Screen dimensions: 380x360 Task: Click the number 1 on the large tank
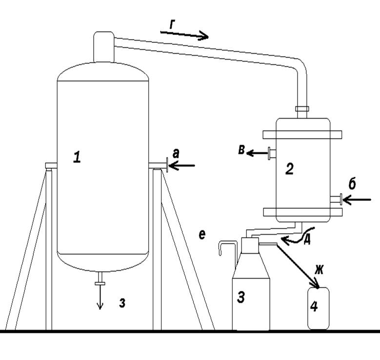(77, 157)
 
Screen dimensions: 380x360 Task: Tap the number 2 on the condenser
(289, 169)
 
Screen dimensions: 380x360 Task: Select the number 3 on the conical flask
(240, 297)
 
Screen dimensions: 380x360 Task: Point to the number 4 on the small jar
(314, 306)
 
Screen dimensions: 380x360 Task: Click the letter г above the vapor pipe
(172, 24)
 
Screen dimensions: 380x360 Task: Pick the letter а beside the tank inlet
(176, 154)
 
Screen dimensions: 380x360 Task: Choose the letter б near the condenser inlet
(352, 184)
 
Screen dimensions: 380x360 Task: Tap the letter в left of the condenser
(241, 150)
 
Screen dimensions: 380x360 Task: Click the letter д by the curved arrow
(307, 240)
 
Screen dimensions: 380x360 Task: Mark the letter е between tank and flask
(202, 235)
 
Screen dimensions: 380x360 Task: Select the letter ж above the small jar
(319, 270)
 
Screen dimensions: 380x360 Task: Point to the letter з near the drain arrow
(122, 303)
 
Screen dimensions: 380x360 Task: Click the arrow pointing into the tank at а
(182, 166)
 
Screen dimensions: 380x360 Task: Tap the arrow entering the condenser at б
(357, 200)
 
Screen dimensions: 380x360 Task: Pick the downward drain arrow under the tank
(100, 297)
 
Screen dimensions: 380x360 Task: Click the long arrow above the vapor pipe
(184, 35)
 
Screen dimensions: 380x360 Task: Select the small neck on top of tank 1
(104, 47)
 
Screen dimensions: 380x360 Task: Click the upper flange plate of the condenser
(302, 135)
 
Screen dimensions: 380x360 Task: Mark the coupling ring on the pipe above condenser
(302, 109)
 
